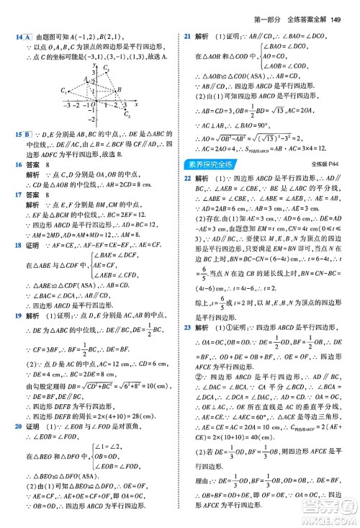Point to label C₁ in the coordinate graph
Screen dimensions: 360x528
click(x=64, y=89)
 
